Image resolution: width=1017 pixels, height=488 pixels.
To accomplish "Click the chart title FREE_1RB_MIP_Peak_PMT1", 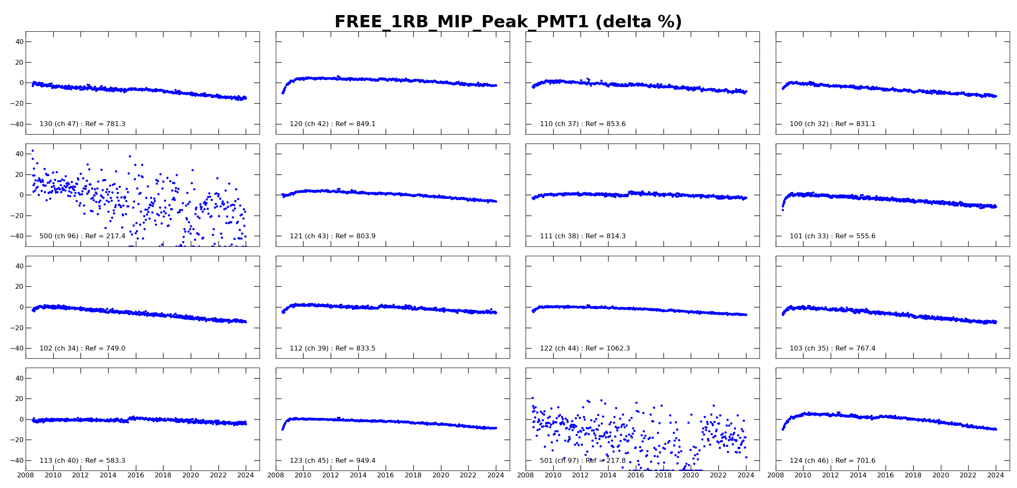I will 508,22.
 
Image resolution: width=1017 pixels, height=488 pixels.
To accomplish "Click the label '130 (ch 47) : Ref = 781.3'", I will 82,124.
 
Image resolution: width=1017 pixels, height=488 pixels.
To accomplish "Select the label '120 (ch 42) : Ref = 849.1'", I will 332,124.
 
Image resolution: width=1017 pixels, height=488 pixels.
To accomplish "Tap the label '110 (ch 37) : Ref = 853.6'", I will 583,124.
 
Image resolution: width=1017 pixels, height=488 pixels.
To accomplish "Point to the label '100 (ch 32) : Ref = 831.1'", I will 832,124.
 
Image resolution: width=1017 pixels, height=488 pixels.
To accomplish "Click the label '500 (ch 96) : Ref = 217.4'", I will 82,236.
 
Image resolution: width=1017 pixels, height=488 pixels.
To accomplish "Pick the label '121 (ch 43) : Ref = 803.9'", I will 332,236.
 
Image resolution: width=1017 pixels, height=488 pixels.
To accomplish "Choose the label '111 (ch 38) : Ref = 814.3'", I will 583,236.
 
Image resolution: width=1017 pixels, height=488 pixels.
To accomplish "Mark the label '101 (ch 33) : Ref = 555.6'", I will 832,236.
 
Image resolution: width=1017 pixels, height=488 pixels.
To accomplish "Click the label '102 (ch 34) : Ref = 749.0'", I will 82,349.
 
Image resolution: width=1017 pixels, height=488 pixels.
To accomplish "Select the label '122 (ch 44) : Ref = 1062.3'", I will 585,349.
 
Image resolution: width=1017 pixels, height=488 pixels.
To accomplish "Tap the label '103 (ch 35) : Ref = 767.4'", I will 832,349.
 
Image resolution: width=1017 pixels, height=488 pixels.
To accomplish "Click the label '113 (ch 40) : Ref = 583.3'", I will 82,461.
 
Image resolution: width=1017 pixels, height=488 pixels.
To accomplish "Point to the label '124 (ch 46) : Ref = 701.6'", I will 832,461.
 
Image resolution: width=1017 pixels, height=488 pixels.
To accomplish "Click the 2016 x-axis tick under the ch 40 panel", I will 135,475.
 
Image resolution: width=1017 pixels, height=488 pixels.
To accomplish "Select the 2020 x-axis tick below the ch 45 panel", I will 441,475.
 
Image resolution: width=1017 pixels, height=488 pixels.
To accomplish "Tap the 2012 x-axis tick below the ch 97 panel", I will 581,475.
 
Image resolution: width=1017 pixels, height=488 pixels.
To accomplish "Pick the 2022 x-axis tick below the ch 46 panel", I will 968,475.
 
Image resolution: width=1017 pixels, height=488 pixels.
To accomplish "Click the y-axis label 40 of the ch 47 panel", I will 20,42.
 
